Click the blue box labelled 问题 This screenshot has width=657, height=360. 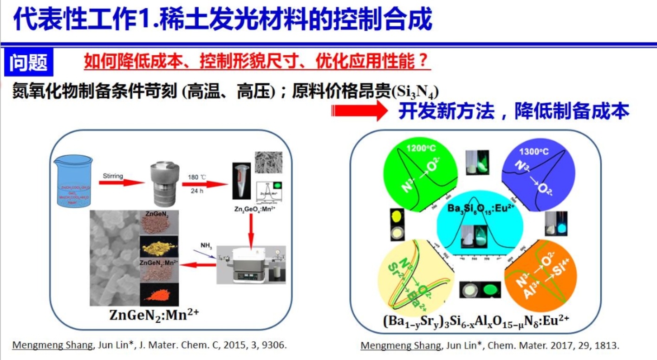(x=29, y=62)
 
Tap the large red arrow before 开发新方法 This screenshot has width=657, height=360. (x=359, y=112)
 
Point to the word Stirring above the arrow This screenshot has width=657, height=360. (x=113, y=176)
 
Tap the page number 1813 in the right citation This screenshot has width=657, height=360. (x=608, y=346)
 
